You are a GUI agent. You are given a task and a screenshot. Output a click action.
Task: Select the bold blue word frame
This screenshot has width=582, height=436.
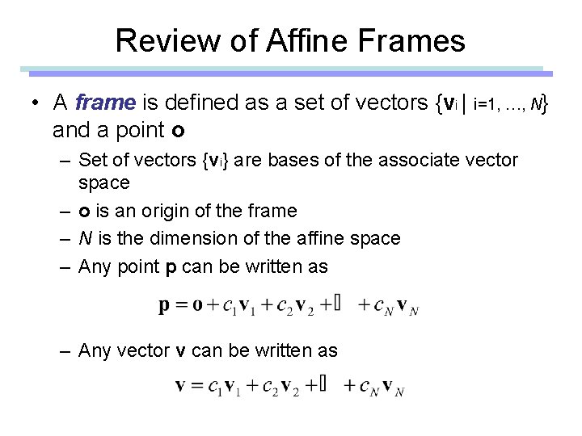(104, 103)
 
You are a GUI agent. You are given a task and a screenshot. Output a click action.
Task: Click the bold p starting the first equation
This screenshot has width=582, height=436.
(165, 306)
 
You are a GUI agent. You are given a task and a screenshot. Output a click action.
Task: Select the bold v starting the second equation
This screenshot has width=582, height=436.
(181, 385)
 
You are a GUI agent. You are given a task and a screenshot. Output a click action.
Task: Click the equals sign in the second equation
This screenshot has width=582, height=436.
(196, 385)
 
